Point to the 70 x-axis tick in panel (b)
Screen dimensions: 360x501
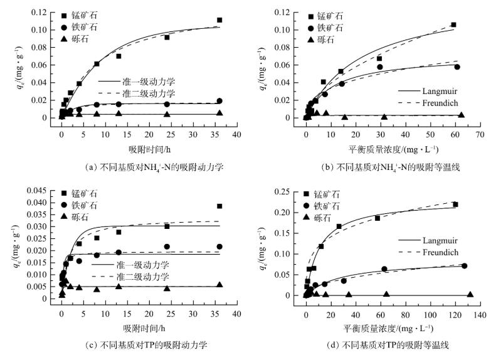point(480,134)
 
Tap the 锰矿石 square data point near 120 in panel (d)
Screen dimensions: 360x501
point(455,204)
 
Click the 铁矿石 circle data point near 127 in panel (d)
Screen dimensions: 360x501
point(464,266)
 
